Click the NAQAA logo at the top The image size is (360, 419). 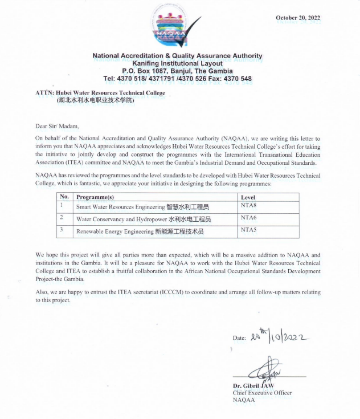pos(177,26)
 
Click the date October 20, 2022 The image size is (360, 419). pos(298,18)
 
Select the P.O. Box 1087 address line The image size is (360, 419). pos(177,71)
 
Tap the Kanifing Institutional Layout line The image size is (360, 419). pos(177,63)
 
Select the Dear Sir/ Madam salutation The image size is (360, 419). pos(57,126)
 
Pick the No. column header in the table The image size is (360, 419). pos(64,197)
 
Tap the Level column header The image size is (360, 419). pos(249,197)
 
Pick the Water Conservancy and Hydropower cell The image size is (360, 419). pos(143,219)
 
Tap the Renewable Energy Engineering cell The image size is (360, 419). pos(140,232)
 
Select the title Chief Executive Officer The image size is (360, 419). pos(262,393)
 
